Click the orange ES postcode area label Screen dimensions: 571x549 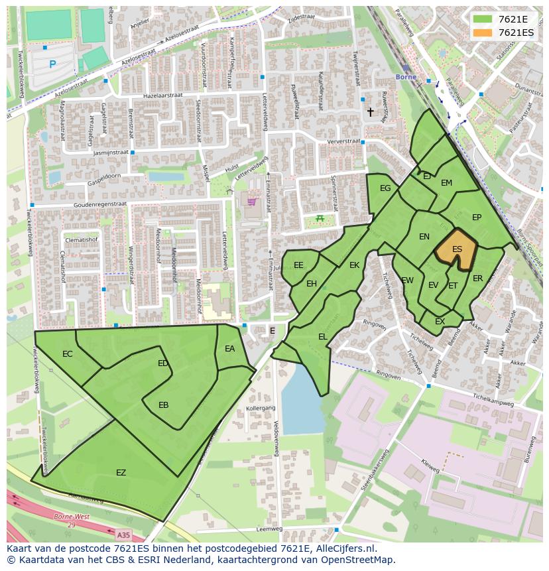[x=457, y=249]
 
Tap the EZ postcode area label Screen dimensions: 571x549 [x=121, y=473]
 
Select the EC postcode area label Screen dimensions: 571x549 [x=67, y=353]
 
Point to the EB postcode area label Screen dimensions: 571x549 [x=163, y=405]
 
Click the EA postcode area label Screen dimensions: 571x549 [x=229, y=349]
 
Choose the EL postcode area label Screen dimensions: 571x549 [x=322, y=337]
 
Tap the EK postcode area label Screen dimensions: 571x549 [x=354, y=265]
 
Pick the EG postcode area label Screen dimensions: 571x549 [x=385, y=188]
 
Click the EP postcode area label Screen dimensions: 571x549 [x=476, y=217]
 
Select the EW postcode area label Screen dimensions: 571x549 [x=407, y=281]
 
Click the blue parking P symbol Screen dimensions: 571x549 [x=52, y=64]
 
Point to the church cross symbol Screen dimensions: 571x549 [x=371, y=113]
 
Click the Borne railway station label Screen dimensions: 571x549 [x=406, y=76]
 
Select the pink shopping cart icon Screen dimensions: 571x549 [x=252, y=202]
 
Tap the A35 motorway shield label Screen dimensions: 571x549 [x=123, y=534]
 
